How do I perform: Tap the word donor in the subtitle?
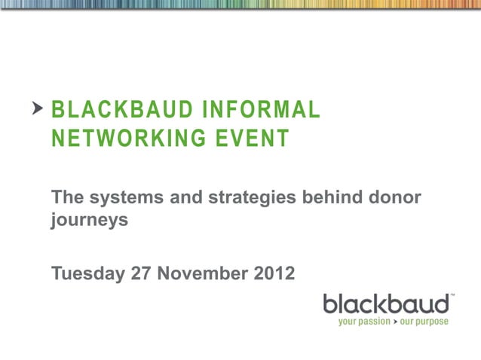tap(393, 197)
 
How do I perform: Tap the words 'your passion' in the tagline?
tap(363, 322)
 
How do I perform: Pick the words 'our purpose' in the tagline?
tap(424, 322)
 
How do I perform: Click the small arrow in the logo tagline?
tap(394, 322)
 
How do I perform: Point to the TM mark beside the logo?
tap(452, 296)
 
